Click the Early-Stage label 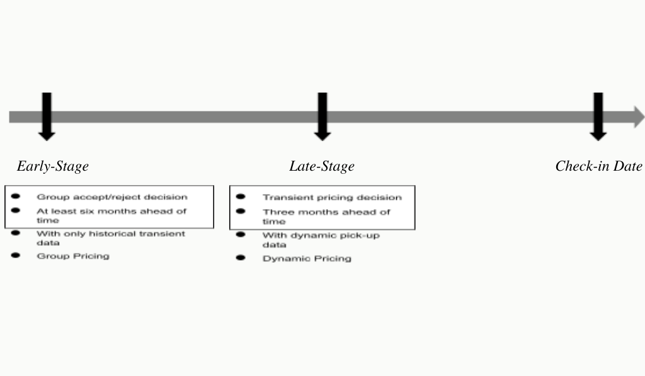(53, 166)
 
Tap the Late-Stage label (322, 166)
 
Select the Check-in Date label (598, 166)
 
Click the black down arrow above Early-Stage (47, 117)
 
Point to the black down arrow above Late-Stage (322, 117)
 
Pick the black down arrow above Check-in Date (598, 117)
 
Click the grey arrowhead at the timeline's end (639, 117)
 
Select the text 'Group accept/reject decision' (112, 197)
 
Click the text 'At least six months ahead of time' (111, 215)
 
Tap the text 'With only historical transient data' (111, 238)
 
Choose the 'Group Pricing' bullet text (73, 256)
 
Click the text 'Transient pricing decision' (332, 198)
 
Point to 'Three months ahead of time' (326, 217)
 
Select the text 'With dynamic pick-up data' (321, 240)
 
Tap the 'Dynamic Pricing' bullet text (307, 258)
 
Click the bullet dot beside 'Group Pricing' (16, 256)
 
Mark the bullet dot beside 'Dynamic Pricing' (241, 258)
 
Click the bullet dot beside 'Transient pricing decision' (241, 197)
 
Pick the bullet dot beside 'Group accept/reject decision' (16, 197)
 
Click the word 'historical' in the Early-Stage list (110, 234)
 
